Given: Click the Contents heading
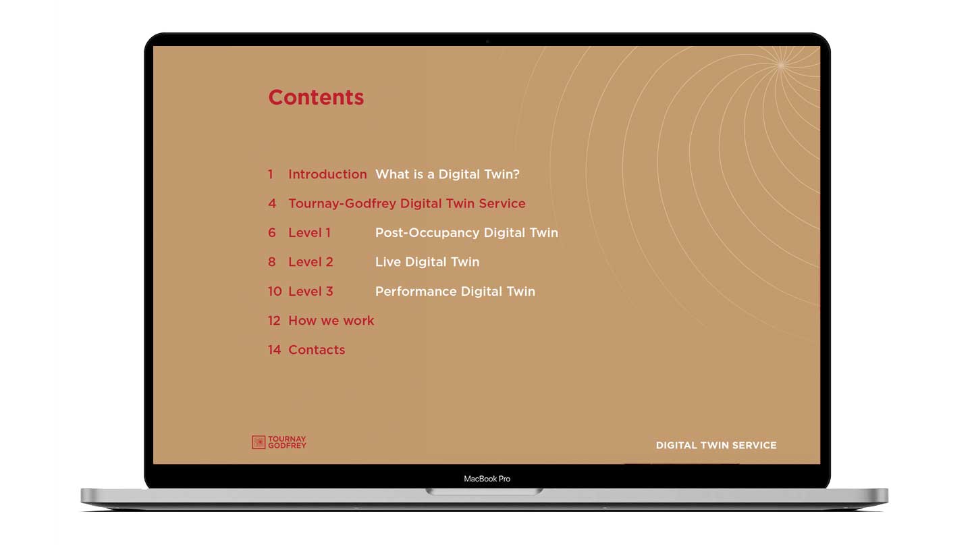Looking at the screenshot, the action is (316, 97).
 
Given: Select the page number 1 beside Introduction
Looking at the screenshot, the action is (270, 174).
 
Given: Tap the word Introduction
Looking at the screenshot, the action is (327, 174).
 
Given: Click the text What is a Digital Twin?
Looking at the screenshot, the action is (448, 174).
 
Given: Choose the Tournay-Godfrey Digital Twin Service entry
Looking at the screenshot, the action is (407, 204).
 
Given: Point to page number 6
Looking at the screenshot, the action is (272, 233).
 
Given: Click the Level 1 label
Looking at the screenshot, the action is (309, 233).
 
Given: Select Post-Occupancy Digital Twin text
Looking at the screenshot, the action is (466, 233).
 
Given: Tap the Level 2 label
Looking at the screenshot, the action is (310, 262).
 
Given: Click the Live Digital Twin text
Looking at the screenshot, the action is (427, 262).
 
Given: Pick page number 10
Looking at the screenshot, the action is (275, 291).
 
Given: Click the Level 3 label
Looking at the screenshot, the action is (310, 291).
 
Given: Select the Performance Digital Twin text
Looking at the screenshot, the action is (455, 291).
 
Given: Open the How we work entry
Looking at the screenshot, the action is (331, 321).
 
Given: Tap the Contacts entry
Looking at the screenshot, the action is (317, 350).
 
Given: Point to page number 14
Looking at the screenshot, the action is (275, 350).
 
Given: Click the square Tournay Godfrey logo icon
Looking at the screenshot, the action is (259, 442).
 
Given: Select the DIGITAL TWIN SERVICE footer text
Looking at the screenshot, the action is (716, 445).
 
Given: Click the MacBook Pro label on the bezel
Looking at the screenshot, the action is (487, 479).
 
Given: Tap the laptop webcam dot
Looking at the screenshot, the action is (487, 42).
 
